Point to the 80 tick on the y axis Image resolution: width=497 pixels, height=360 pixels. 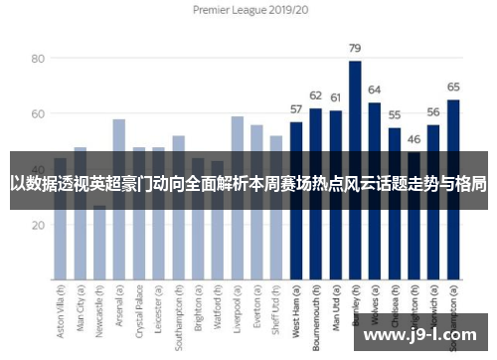pyautogui.click(x=38, y=59)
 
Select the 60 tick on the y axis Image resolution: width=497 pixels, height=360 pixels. pyautogui.click(x=38, y=114)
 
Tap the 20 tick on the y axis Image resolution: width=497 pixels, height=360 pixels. pyautogui.click(x=38, y=226)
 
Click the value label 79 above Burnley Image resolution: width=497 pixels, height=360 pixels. pyautogui.click(x=355, y=48)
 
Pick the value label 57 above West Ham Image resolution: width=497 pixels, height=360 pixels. pyautogui.click(x=296, y=109)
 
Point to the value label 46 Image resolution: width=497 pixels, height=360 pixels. pyautogui.click(x=414, y=139)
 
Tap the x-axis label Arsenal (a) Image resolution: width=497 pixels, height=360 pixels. pyautogui.click(x=119, y=309)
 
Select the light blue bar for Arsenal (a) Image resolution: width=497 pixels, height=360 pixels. pyautogui.click(x=119, y=199)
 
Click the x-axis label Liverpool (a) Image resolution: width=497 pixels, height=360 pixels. pyautogui.click(x=238, y=309)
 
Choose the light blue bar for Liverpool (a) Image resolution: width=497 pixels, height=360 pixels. pyautogui.click(x=238, y=199)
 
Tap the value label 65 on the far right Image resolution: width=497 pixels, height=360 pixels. pyautogui.click(x=453, y=87)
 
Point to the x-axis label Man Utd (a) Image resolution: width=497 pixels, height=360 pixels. pyautogui.click(x=336, y=309)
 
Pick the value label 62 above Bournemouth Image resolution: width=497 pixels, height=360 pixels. pyautogui.click(x=316, y=95)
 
